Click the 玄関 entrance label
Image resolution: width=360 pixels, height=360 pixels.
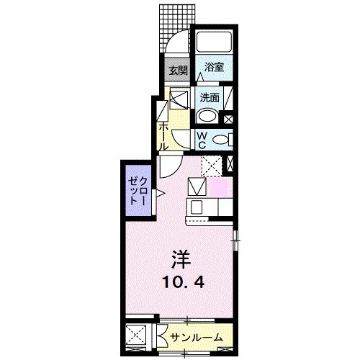tap(178, 71)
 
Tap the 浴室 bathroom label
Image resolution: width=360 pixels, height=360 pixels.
tap(214, 68)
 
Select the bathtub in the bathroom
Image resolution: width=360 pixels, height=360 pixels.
tap(214, 42)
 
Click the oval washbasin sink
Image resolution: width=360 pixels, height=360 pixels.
tap(207, 117)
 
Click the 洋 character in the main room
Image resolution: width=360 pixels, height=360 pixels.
tap(181, 258)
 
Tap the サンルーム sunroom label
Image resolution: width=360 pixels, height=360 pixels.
tap(196, 336)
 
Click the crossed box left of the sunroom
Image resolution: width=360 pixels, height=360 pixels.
tap(138, 336)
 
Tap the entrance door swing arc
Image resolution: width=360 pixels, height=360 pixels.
tap(176, 41)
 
